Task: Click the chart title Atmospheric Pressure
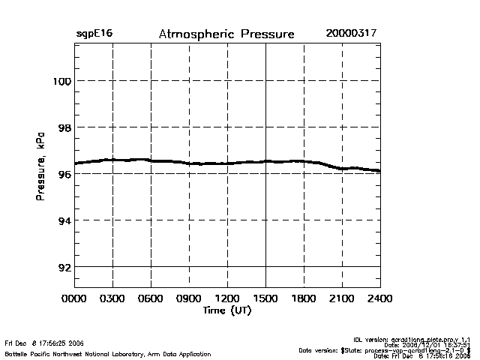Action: click(x=226, y=34)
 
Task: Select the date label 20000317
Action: click(x=351, y=34)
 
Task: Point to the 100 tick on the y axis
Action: click(x=61, y=81)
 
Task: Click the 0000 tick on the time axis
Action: click(x=74, y=298)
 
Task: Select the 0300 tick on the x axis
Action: click(x=112, y=298)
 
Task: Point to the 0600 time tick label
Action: click(x=151, y=298)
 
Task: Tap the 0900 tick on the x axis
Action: click(x=189, y=298)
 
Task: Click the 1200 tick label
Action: click(x=227, y=298)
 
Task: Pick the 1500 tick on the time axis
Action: click(x=265, y=298)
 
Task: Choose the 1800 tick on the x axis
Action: click(x=304, y=298)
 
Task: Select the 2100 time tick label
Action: click(x=342, y=298)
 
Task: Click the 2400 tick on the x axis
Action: click(x=380, y=298)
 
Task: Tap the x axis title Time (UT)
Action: click(x=227, y=310)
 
